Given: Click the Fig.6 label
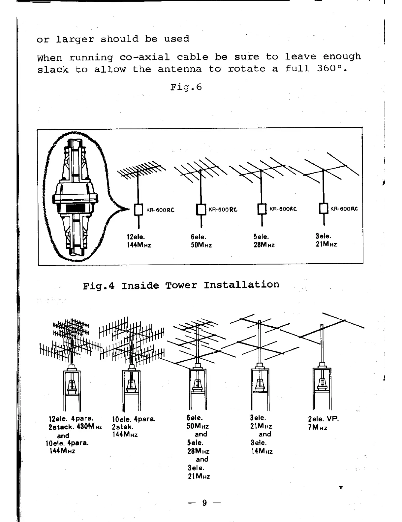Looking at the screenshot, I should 186,87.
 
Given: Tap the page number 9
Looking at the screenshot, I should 204,503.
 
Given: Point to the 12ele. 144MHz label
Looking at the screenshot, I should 139,241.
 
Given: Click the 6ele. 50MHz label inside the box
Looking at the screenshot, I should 201,241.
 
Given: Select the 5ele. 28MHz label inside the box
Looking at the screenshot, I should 264,241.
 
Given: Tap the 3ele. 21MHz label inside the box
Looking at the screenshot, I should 326,241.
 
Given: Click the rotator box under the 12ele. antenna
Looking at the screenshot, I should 139,210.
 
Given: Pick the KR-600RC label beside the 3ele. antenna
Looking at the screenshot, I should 344,209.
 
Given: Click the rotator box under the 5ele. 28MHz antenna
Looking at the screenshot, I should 262,209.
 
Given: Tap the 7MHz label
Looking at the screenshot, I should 318,428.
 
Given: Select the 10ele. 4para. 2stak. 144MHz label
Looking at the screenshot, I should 133,427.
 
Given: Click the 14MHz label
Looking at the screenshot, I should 261,451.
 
